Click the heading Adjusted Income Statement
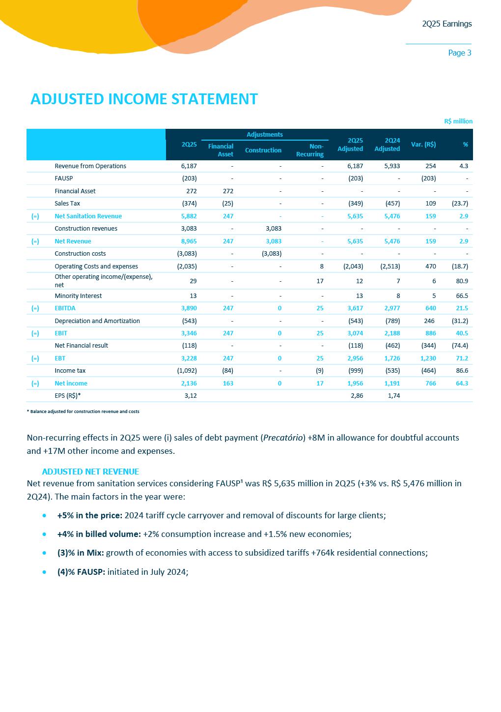click(144, 99)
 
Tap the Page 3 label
click(459, 53)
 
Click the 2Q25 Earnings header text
click(446, 24)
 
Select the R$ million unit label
click(458, 121)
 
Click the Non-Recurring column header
click(310, 150)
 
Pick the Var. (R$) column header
click(423, 144)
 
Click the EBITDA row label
click(65, 308)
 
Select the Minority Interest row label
click(78, 296)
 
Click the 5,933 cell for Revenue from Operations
click(391, 166)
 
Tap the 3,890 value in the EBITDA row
click(189, 308)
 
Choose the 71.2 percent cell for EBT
click(462, 358)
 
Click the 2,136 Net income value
click(189, 383)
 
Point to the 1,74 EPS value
click(393, 395)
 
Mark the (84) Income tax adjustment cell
click(227, 370)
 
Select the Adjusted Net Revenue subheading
click(90, 471)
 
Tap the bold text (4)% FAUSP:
click(81, 571)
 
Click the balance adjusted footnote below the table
click(83, 412)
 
